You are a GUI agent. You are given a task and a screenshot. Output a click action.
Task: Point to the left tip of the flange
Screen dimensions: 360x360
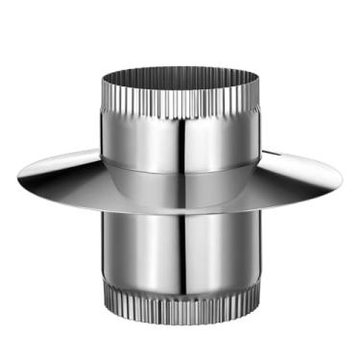click(19, 176)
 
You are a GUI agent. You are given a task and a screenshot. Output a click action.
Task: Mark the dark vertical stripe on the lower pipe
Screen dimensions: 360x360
click(197, 254)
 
